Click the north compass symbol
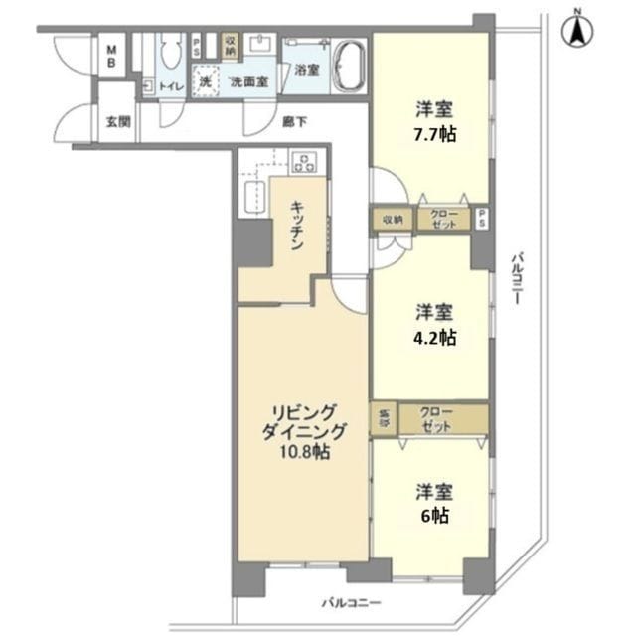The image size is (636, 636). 576,29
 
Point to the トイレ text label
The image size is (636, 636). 171,86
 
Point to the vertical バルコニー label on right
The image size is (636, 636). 516,283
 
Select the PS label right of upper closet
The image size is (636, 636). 482,220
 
